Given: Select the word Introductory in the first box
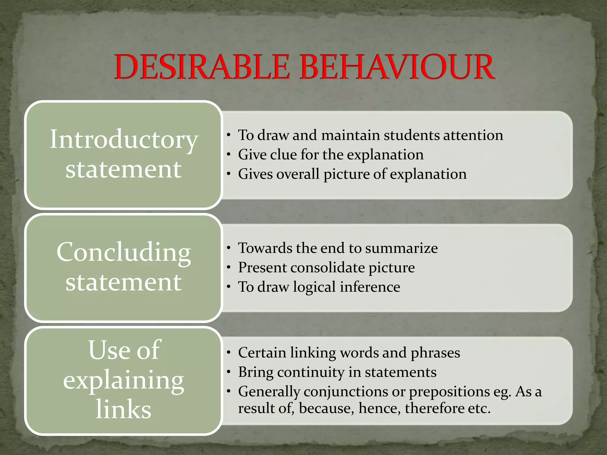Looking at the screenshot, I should [124, 140].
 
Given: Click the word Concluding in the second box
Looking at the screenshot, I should [124, 252].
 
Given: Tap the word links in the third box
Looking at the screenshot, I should [124, 409].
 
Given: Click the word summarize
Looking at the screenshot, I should [401, 248].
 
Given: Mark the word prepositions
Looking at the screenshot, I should [449, 392].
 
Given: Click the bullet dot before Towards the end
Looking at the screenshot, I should [229, 248].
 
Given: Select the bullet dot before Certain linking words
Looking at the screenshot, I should [229, 353].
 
